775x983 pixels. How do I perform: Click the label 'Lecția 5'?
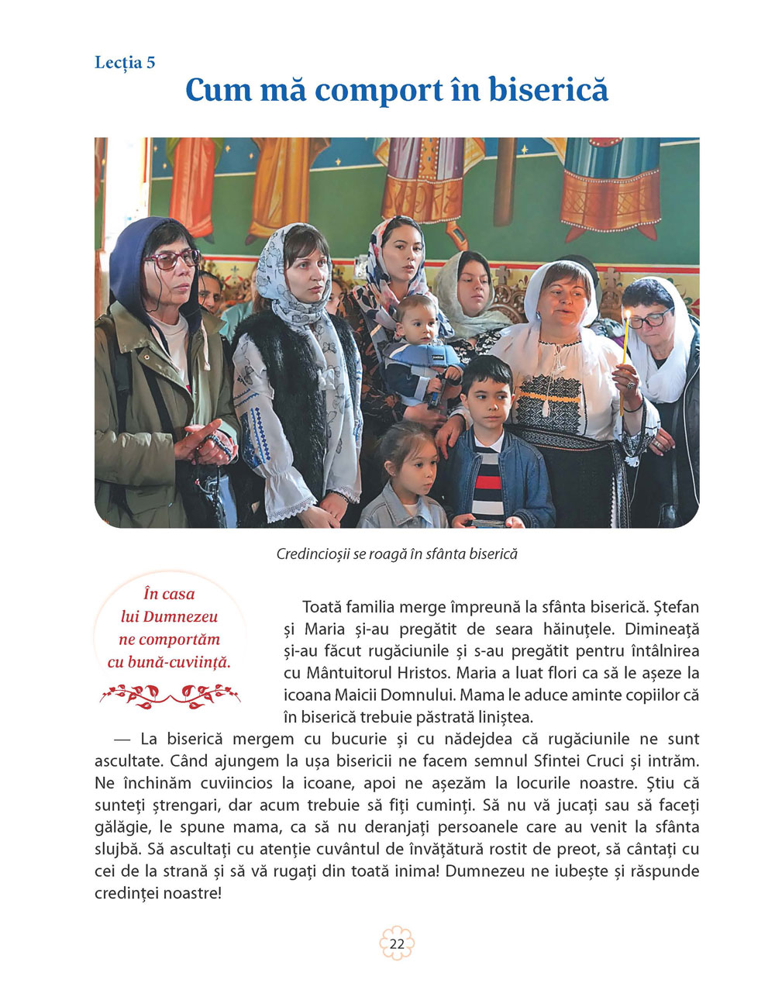[x=125, y=63]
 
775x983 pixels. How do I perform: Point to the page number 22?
[x=397, y=943]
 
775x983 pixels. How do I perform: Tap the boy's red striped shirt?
[x=487, y=481]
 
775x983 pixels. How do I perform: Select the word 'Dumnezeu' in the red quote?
[x=170, y=617]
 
